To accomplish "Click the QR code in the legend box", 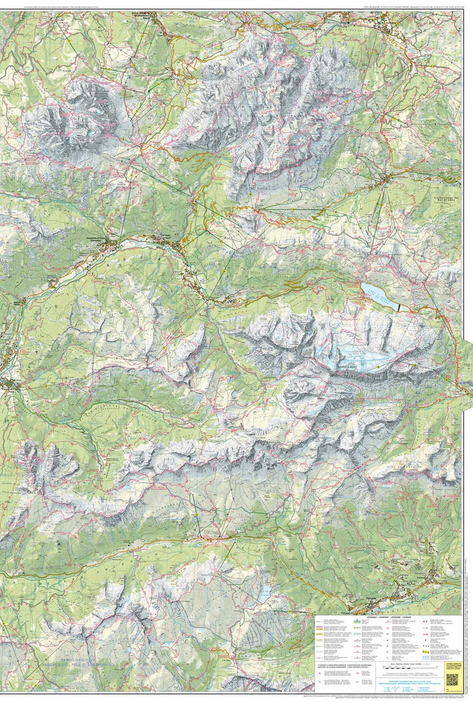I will (452, 679).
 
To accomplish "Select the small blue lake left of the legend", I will (264, 596).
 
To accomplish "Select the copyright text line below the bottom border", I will (236, 698).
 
